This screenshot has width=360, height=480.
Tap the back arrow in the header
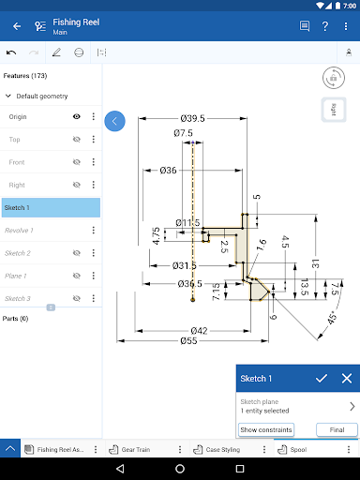(17, 26)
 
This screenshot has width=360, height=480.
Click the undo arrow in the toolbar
(11, 52)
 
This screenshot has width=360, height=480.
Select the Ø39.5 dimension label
(194, 119)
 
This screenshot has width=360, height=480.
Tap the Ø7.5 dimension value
(183, 134)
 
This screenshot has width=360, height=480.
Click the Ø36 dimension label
(169, 171)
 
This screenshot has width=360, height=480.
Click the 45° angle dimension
(331, 316)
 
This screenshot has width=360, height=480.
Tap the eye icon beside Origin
(76, 117)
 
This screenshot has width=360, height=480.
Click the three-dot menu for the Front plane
(94, 162)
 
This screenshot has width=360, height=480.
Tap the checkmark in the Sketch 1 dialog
(322, 379)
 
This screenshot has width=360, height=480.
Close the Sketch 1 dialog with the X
(346, 379)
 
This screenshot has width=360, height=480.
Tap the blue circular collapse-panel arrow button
(114, 121)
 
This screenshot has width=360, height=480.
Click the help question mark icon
(325, 26)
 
